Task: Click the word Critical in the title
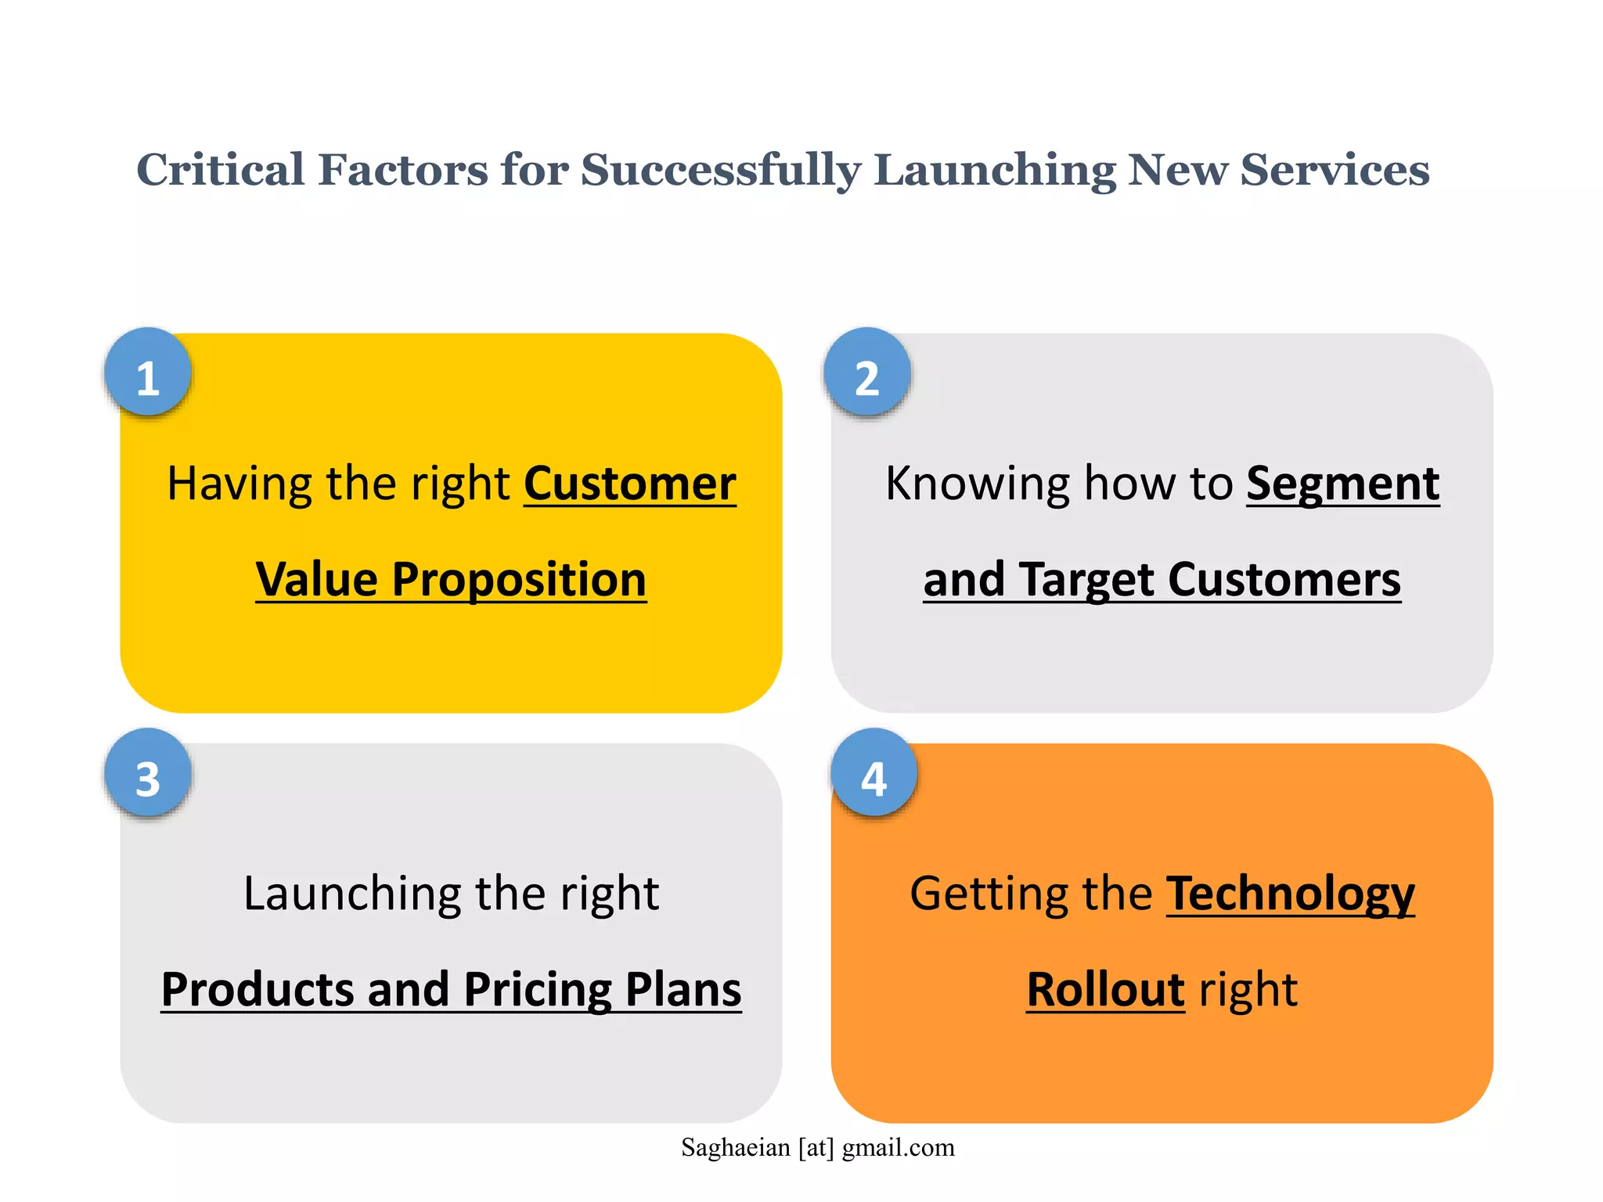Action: tap(221, 170)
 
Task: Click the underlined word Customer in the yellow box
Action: tap(630, 484)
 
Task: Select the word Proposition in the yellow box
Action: tap(519, 580)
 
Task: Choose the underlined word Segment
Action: tap(1342, 484)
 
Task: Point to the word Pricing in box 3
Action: tap(538, 990)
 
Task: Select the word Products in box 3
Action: tap(258, 990)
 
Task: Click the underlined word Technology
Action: tap(1290, 894)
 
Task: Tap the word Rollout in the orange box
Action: tap(1105, 990)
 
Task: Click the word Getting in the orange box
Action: tap(987, 894)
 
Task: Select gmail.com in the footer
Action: tap(899, 1148)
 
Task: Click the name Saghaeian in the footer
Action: tap(736, 1148)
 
